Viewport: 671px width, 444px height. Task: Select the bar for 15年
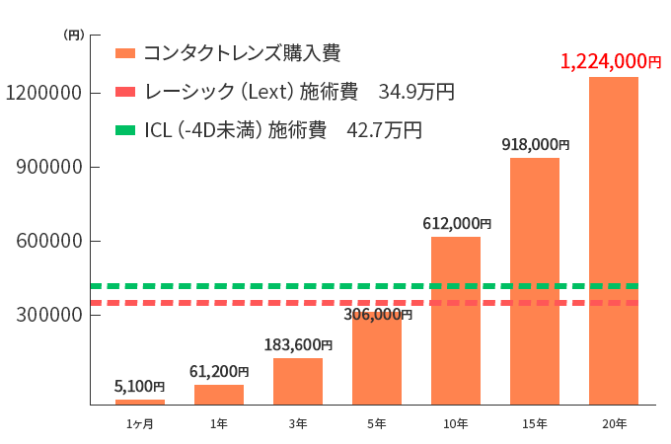click(x=534, y=280)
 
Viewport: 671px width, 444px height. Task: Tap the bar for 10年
click(x=455, y=320)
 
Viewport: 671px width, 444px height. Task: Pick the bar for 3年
click(x=297, y=381)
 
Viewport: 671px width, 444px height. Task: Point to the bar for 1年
click(x=218, y=394)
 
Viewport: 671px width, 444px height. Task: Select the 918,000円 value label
click(x=535, y=144)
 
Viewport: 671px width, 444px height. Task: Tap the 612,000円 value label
click(x=456, y=224)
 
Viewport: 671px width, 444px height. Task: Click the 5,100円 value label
click(x=139, y=387)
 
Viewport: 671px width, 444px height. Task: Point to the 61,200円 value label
click(x=218, y=372)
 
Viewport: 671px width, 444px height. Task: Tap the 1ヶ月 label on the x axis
click(x=139, y=423)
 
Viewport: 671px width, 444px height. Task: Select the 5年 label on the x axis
click(x=376, y=423)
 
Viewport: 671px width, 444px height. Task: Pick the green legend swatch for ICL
click(x=124, y=130)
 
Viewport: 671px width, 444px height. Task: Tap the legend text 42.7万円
click(x=384, y=130)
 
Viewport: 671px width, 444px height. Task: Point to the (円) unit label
click(x=74, y=35)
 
